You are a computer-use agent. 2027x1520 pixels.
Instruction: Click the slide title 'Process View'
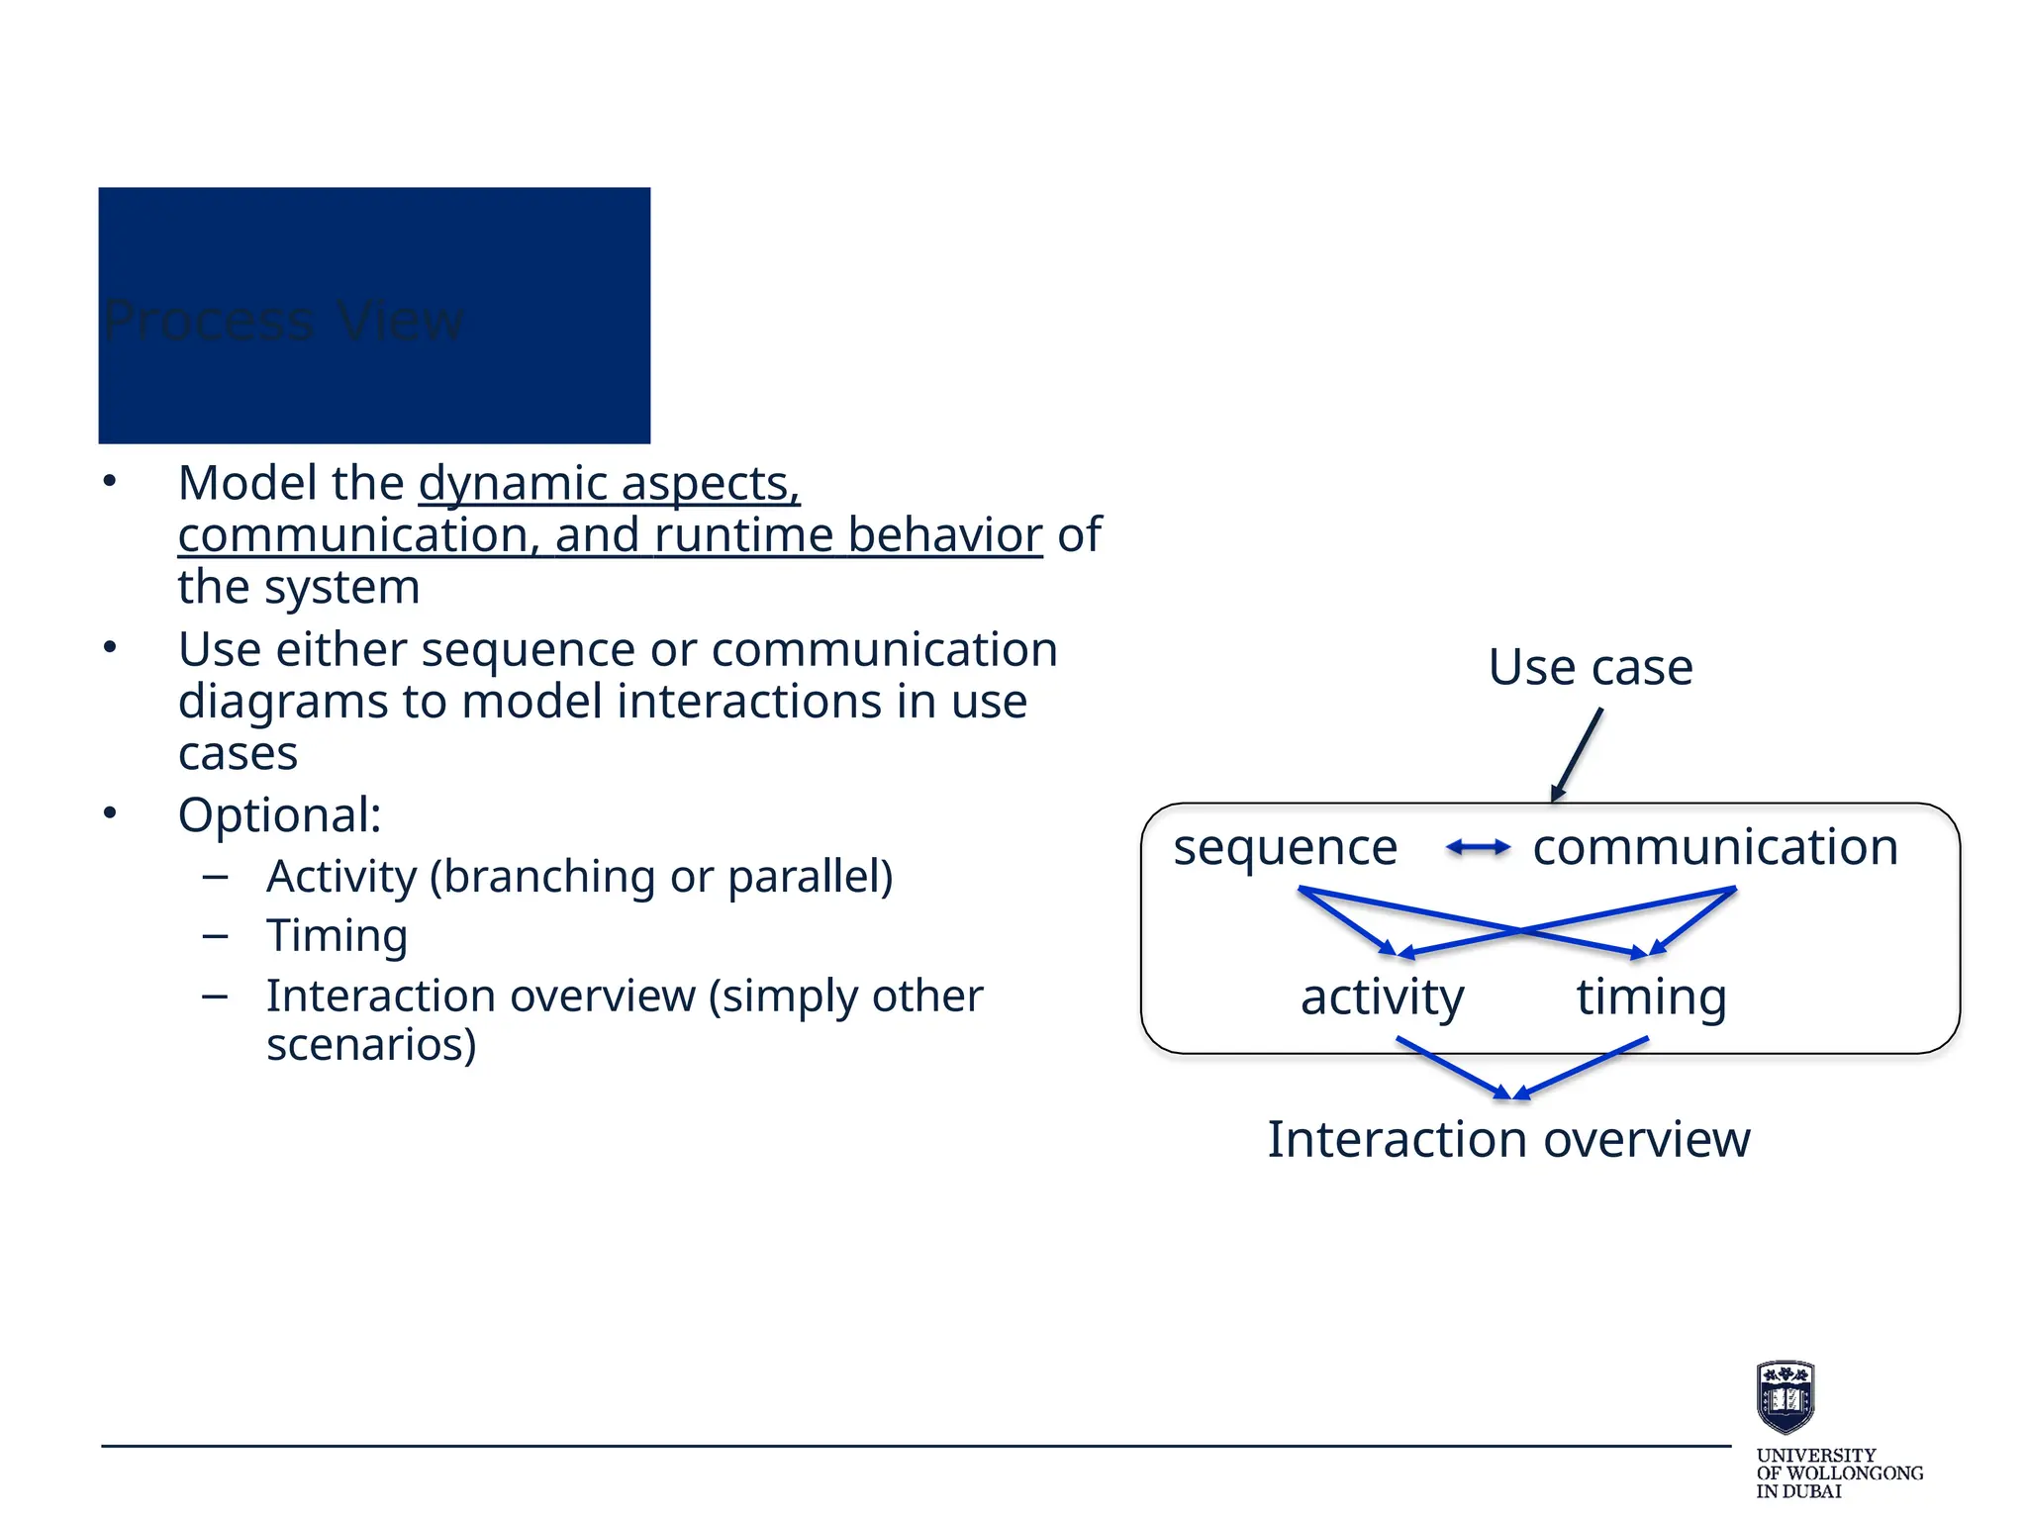[x=283, y=321]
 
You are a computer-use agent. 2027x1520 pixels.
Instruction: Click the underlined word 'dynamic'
[x=512, y=484]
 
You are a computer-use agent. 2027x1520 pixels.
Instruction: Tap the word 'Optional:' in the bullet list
[x=279, y=816]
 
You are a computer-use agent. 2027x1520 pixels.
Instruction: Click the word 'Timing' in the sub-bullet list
[x=337, y=935]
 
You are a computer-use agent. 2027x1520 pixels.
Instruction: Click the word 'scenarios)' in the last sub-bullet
[x=371, y=1045]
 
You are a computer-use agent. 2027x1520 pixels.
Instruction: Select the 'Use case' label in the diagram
[x=1590, y=667]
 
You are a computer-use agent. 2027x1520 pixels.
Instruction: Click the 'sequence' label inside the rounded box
[x=1285, y=848]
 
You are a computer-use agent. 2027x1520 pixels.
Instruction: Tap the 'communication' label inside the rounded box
[x=1715, y=848]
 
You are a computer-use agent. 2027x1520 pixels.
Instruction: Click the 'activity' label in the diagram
[x=1382, y=997]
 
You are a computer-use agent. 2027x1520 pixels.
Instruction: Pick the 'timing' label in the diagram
[x=1651, y=997]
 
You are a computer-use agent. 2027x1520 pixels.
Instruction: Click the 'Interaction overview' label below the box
[x=1508, y=1140]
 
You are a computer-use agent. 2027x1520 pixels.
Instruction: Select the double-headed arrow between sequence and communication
[x=1478, y=847]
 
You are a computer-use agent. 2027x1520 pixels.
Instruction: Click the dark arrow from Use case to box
[x=1577, y=754]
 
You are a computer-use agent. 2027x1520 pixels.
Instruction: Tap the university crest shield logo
[x=1785, y=1396]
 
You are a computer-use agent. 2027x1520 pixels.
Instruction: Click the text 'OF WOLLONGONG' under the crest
[x=1839, y=1473]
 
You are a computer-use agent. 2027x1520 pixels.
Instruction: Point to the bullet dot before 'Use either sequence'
[x=110, y=648]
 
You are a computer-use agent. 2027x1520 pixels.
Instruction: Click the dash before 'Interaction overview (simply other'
[x=215, y=996]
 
